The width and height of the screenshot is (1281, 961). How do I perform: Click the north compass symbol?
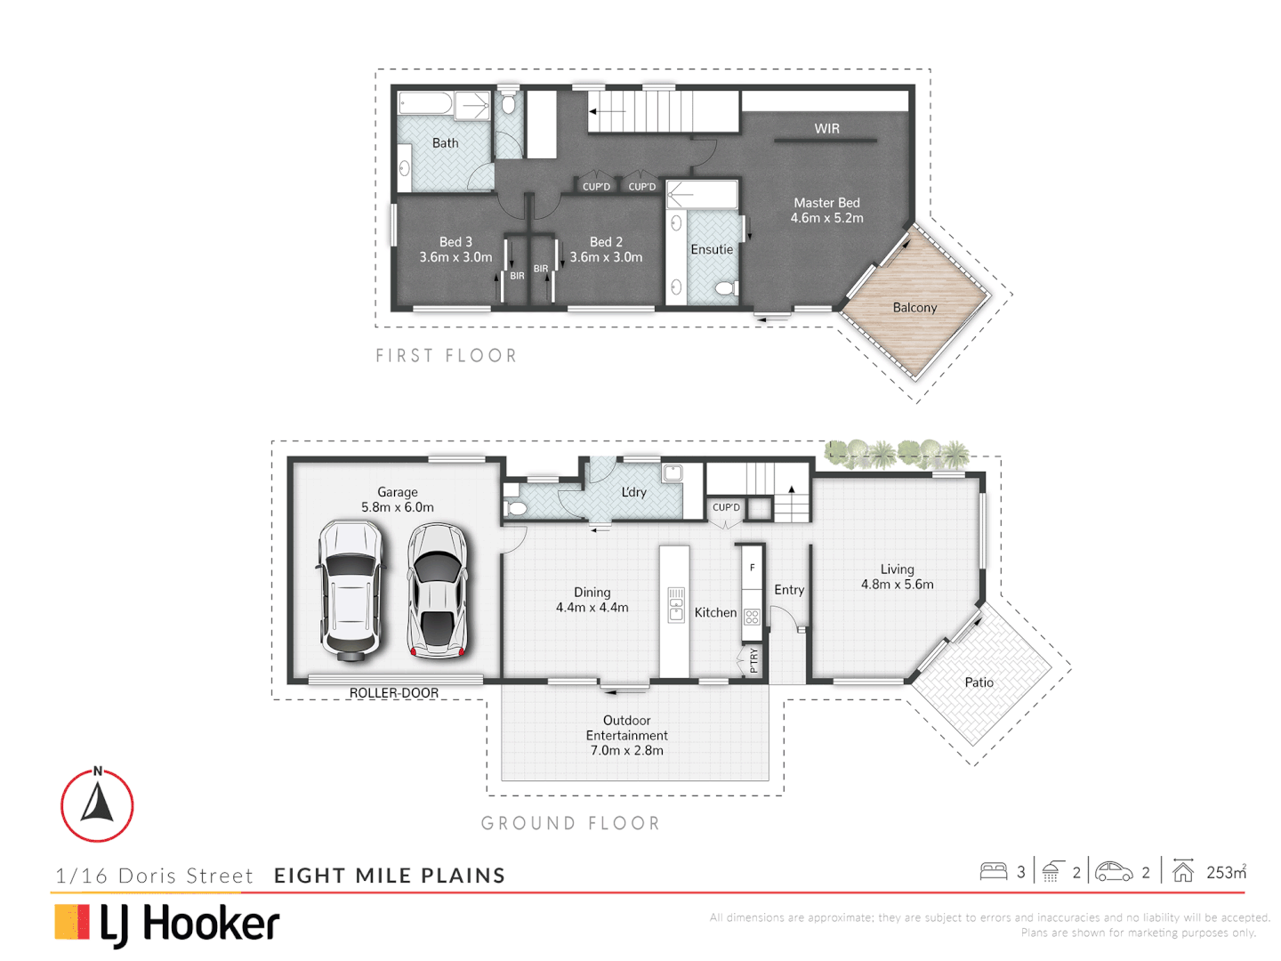tap(97, 805)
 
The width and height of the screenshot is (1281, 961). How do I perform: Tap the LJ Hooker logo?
tap(167, 924)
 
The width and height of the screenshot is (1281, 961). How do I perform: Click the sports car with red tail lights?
tap(437, 590)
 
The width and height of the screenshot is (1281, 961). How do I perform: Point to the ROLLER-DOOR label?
tap(393, 693)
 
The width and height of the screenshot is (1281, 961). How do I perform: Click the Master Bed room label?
tap(826, 203)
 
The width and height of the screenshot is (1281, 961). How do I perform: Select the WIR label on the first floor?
tap(826, 129)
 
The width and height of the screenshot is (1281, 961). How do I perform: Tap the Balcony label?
tap(914, 308)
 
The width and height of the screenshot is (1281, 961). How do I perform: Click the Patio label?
tap(979, 682)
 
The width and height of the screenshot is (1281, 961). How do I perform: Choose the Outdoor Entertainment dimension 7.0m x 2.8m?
tap(626, 751)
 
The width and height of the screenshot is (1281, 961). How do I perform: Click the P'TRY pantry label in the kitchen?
tap(754, 660)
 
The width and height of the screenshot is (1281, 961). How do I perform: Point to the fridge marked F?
tap(753, 568)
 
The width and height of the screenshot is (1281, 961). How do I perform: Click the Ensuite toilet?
tap(724, 288)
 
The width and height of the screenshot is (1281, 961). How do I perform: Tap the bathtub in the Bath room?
tap(426, 105)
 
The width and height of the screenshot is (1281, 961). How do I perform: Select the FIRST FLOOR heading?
tap(446, 356)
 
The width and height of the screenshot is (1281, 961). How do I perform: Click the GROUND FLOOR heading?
tap(570, 824)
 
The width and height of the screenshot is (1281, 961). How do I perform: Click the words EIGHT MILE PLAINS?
tap(390, 876)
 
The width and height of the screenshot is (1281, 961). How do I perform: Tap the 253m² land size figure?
tap(1226, 872)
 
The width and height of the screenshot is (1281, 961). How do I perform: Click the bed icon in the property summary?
tap(993, 872)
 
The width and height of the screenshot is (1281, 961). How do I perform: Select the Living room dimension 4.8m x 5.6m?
tap(897, 585)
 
